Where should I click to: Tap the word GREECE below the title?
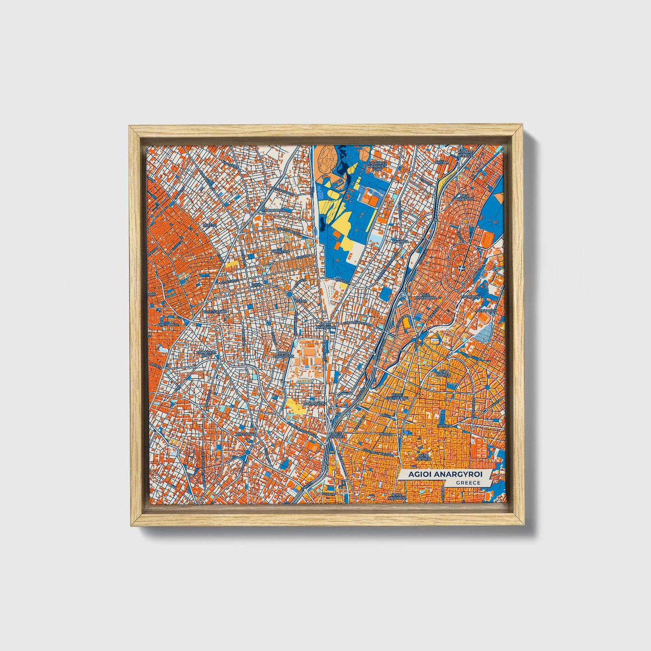[x=468, y=483]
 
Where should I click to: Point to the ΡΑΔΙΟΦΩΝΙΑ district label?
[x=273, y=210]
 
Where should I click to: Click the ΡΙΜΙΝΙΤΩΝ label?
[x=280, y=251]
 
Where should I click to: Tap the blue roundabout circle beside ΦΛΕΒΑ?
[x=289, y=295]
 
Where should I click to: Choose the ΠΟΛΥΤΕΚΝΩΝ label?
[x=214, y=311]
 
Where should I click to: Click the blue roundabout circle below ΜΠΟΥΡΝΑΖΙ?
[x=247, y=452]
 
